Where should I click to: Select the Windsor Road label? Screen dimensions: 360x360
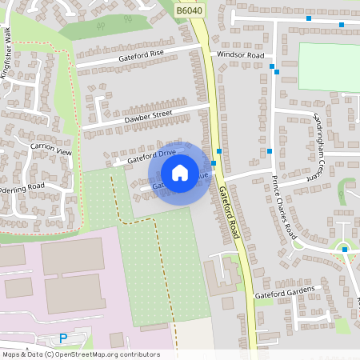coord(240,55)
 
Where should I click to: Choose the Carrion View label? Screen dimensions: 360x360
coord(51,150)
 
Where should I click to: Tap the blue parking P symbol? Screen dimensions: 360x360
coord(63,338)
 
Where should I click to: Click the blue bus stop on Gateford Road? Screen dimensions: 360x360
coord(219,150)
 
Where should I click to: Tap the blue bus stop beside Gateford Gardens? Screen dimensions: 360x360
coord(345,250)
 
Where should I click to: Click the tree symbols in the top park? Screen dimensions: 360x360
coord(101,26)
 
